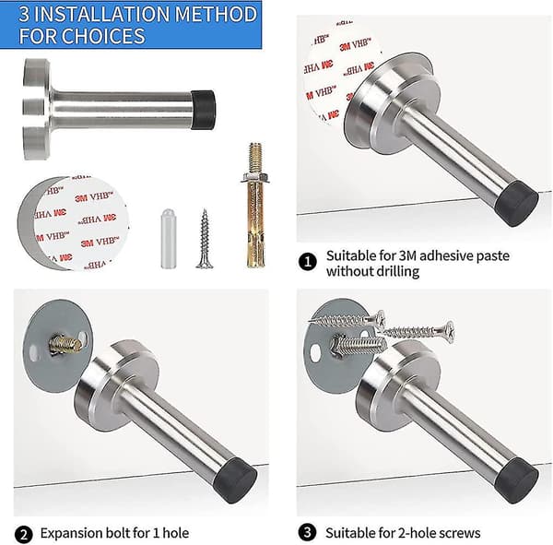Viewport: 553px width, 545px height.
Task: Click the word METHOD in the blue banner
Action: tap(216, 14)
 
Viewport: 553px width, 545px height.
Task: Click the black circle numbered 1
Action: tap(308, 262)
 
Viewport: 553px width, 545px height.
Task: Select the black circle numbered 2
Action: tap(24, 535)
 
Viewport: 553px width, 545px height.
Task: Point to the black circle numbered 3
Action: tap(307, 532)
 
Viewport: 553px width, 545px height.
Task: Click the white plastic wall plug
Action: tap(169, 238)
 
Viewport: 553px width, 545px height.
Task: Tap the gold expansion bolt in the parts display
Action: tap(255, 205)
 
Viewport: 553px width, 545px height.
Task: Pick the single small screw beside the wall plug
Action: tap(205, 239)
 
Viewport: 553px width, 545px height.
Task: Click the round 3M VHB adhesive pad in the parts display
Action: tap(74, 223)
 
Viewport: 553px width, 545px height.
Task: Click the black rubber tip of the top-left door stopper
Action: tap(203, 110)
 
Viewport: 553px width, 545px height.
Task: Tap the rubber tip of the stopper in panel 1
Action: tap(517, 203)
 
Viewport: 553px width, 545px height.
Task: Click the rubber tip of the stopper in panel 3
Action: tap(517, 480)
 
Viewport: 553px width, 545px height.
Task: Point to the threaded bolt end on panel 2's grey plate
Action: tap(65, 345)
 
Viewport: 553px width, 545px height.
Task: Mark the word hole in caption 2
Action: tap(176, 533)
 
